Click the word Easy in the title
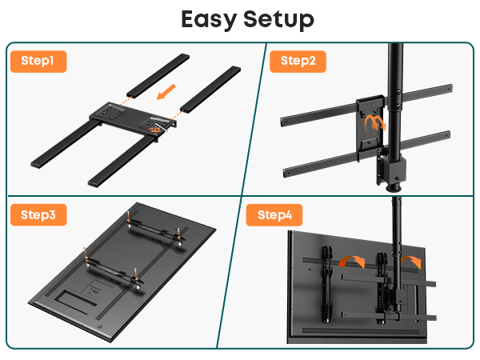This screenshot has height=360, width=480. (209, 19)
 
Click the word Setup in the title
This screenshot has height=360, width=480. (279, 19)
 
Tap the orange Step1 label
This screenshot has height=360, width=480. (38, 62)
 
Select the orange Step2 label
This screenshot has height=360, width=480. (298, 62)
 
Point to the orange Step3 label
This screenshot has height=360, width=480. (38, 215)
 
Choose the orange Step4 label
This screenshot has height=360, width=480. (274, 215)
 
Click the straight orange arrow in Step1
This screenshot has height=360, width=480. (166, 92)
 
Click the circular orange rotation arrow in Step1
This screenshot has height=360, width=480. (155, 130)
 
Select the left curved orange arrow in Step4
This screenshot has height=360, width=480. (352, 261)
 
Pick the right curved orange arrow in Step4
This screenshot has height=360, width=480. (413, 261)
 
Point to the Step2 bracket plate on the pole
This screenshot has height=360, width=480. (370, 128)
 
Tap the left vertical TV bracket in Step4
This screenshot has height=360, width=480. (326, 284)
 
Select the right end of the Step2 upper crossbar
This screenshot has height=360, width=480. (450, 89)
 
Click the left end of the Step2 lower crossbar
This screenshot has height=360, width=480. (286, 173)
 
